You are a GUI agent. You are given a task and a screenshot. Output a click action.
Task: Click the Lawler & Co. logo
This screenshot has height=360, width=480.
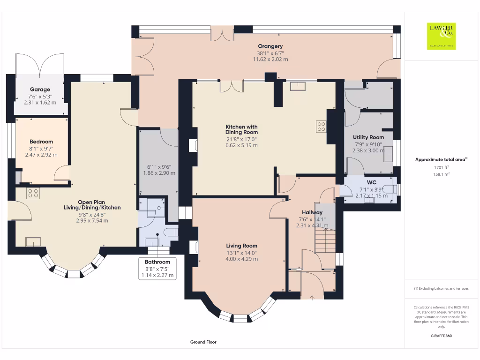pyautogui.click(x=441, y=36)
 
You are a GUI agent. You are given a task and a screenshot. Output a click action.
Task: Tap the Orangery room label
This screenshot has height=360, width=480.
pyautogui.click(x=270, y=46)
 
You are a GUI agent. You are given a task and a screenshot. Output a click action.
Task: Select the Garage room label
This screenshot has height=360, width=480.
pyautogui.click(x=40, y=90)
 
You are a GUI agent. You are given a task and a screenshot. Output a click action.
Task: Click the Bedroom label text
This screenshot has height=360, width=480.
pyautogui.click(x=41, y=142)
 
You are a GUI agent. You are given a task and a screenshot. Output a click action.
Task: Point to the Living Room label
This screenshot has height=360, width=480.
pyautogui.click(x=241, y=246)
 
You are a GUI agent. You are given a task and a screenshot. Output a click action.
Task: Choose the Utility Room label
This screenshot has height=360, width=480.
pyautogui.click(x=368, y=137)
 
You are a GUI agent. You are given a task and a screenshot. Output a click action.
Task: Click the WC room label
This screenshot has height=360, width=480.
pyautogui.click(x=371, y=182)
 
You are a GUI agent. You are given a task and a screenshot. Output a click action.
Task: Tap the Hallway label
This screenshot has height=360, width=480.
pyautogui.click(x=312, y=212)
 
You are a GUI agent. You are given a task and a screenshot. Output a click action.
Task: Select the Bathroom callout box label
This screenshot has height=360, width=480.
pyautogui.click(x=157, y=262)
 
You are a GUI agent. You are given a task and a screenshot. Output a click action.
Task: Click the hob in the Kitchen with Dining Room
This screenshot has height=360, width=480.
pyautogui.click(x=321, y=127)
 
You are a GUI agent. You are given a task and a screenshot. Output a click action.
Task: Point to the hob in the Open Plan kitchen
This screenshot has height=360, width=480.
pyautogui.click(x=33, y=194)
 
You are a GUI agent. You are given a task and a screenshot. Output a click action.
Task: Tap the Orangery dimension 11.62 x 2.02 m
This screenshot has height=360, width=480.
pyautogui.click(x=270, y=60)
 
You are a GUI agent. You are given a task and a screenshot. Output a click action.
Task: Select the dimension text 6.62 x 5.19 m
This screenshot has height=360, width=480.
pyautogui.click(x=241, y=145)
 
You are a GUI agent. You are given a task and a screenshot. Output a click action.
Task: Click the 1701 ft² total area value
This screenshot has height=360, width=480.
pyautogui.click(x=441, y=167)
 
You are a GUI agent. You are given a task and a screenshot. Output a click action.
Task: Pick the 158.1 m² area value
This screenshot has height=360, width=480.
pyautogui.click(x=441, y=174)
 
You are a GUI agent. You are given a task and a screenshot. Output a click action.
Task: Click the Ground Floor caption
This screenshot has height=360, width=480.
pyautogui.click(x=203, y=342)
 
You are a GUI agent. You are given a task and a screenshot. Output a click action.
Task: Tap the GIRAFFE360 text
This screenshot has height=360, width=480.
pyautogui.click(x=441, y=336)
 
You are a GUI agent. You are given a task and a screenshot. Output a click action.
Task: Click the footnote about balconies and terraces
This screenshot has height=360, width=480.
pyautogui.click(x=441, y=288)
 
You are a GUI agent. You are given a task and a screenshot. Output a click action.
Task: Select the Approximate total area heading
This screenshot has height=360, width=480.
pyautogui.click(x=441, y=159)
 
